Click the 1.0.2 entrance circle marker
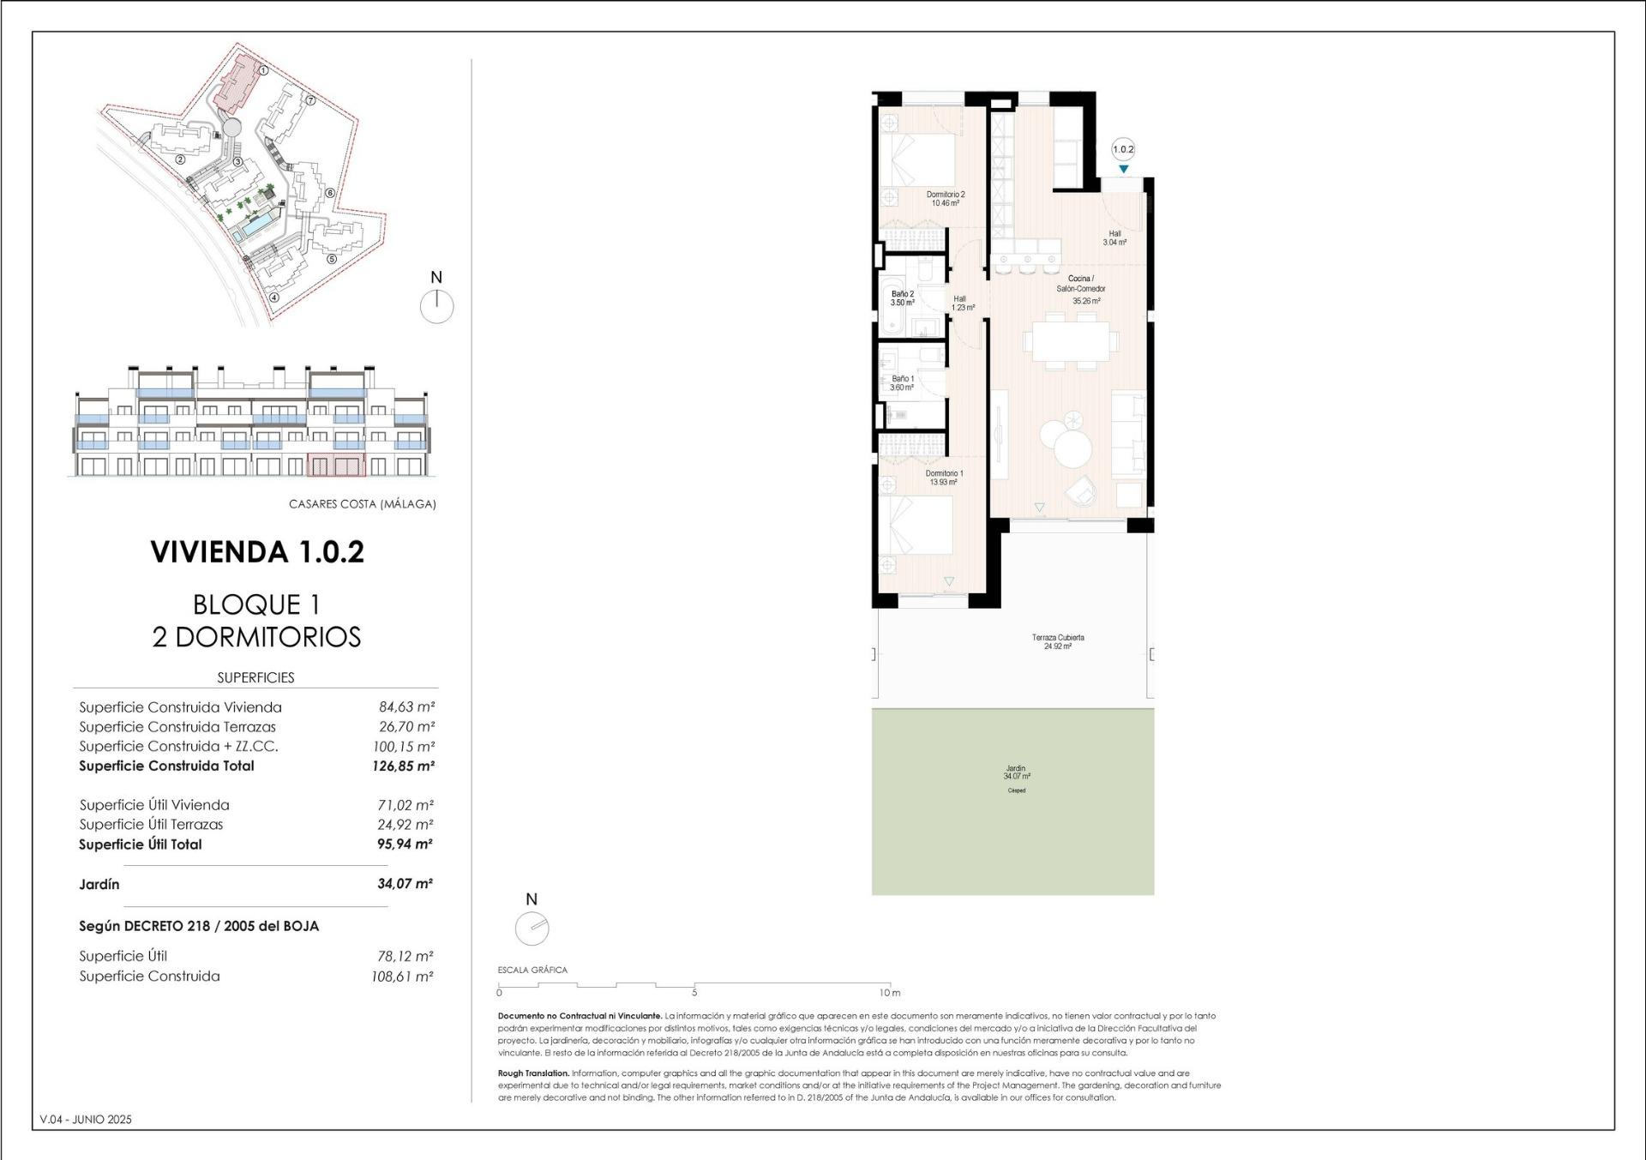coord(1123,149)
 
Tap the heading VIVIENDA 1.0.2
coord(257,551)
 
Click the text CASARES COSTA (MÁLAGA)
coord(362,504)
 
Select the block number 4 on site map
coord(274,298)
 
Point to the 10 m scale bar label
coord(891,993)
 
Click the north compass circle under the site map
coord(437,306)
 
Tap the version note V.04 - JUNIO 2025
coord(86,1119)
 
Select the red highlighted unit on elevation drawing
coord(335,466)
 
